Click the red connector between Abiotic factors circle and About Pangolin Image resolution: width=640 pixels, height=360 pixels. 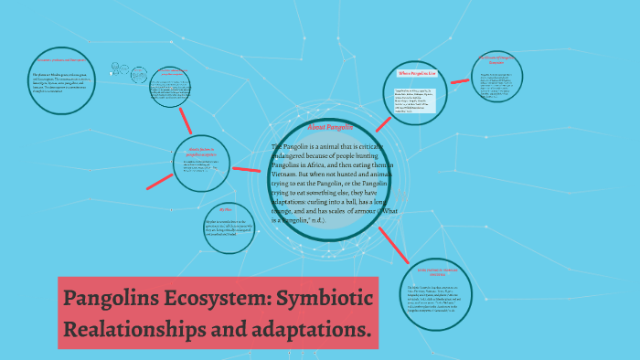(247, 169)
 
